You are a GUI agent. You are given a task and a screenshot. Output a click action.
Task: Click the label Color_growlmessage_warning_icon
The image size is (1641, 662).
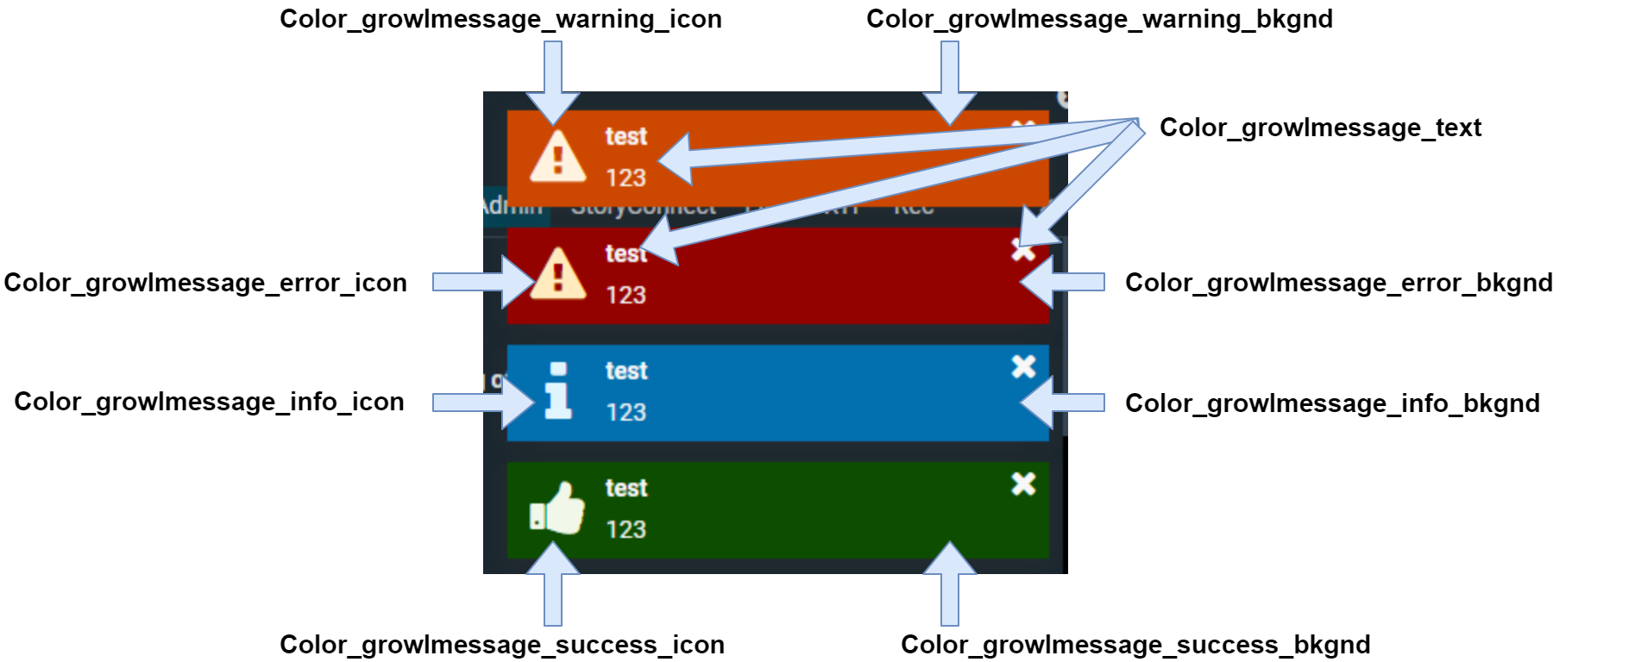(x=500, y=19)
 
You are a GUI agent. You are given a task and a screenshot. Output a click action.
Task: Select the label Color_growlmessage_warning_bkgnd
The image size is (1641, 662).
(x=1099, y=19)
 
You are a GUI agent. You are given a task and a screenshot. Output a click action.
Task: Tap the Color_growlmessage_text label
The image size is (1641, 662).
(x=1320, y=128)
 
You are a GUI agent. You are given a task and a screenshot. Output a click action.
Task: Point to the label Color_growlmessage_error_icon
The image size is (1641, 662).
(x=205, y=283)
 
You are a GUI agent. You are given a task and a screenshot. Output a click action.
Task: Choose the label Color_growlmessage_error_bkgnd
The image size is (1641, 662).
(x=1338, y=283)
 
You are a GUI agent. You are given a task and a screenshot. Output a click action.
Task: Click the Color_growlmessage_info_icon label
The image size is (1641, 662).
(x=209, y=402)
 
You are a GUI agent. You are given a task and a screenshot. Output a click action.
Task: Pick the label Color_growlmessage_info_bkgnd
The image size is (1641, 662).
(x=1332, y=403)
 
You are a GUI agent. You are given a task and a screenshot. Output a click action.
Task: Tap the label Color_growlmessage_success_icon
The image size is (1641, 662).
(x=502, y=645)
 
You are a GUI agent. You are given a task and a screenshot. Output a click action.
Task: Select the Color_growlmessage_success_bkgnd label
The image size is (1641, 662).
(x=1135, y=645)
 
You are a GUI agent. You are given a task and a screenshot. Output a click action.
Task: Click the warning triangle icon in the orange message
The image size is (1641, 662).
(x=557, y=158)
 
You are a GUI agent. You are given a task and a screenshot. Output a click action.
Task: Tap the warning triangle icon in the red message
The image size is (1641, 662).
(x=557, y=274)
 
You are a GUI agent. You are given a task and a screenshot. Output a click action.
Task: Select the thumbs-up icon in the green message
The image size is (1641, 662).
(x=557, y=509)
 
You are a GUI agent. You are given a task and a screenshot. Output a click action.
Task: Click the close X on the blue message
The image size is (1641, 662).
(x=1023, y=367)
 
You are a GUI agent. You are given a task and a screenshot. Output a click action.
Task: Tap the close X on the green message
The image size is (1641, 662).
(x=1023, y=484)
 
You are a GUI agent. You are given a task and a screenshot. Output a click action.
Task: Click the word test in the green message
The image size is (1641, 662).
(x=626, y=488)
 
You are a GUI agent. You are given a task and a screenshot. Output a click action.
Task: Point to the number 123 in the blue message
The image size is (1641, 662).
(x=626, y=412)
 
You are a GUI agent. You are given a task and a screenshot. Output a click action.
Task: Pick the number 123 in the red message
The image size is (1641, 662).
(x=626, y=295)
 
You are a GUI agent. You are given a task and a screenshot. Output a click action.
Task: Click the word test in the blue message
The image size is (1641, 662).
(x=626, y=371)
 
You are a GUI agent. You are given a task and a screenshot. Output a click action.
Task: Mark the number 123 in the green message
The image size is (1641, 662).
(x=626, y=529)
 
